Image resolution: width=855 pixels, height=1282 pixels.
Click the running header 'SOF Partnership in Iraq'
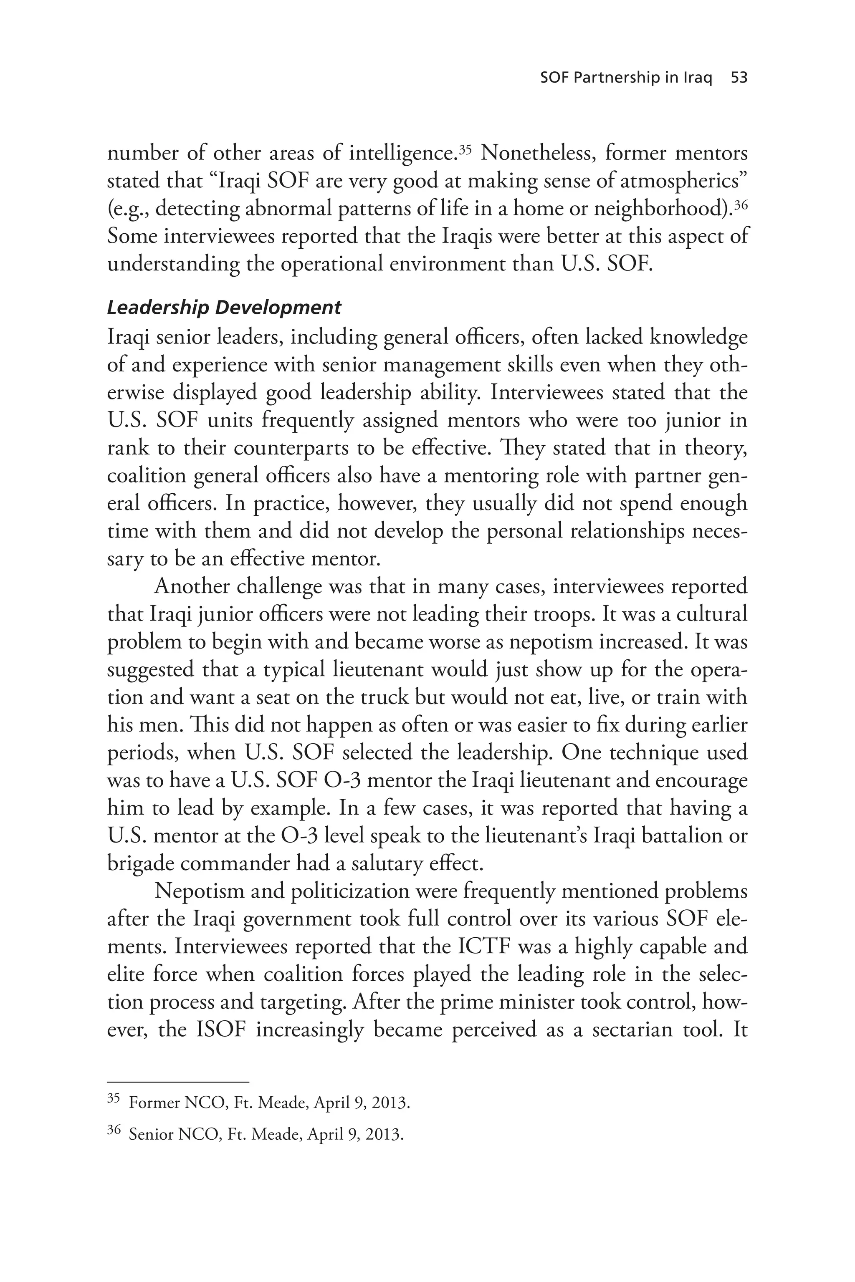626,78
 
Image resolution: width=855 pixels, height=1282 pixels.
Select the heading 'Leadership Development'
224,308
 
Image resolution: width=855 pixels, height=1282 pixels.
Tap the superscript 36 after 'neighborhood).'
740,204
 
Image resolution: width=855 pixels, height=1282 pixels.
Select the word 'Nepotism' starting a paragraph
194,891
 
